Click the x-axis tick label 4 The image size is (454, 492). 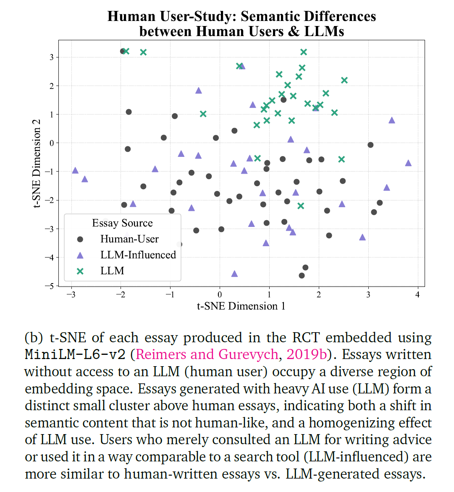pyautogui.click(x=417, y=294)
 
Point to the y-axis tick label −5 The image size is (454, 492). pyautogui.click(x=49, y=286)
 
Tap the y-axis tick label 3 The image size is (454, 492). pyautogui.click(x=52, y=57)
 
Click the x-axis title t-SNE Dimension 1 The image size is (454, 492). pyautogui.click(x=241, y=306)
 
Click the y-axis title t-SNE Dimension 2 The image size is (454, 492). pyautogui.click(x=37, y=163)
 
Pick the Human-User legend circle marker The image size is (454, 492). pyautogui.click(x=80, y=239)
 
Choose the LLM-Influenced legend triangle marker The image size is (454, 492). pyautogui.click(x=80, y=255)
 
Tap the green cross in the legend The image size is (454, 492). pyautogui.click(x=80, y=271)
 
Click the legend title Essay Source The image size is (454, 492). pyautogui.click(x=123, y=223)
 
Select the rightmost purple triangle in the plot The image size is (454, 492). pyautogui.click(x=408, y=163)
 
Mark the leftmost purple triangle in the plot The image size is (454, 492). pyautogui.click(x=75, y=170)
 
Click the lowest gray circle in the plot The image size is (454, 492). pyautogui.click(x=302, y=276)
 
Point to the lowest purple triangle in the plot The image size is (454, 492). pyautogui.click(x=234, y=273)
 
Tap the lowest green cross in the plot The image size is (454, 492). pyautogui.click(x=301, y=206)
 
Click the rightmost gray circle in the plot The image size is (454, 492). pyautogui.click(x=380, y=203)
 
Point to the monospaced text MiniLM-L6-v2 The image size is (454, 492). pyautogui.click(x=76, y=354)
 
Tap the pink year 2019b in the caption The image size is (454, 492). pyautogui.click(x=307, y=354)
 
